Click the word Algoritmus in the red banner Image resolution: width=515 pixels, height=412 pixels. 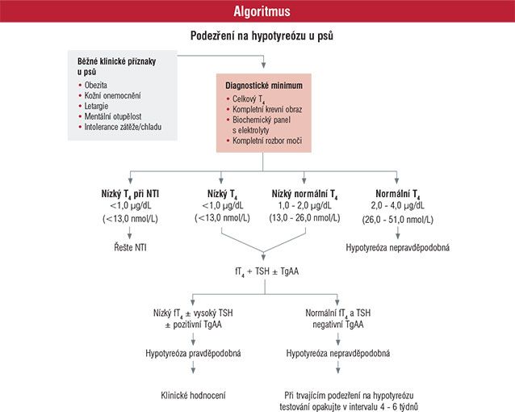point(262,11)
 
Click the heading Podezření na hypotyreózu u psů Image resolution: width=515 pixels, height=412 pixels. point(262,36)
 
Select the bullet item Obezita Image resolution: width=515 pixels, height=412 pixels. point(95,85)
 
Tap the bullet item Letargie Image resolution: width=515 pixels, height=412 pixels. point(96,106)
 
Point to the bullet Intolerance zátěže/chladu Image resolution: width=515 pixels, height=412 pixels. point(123,127)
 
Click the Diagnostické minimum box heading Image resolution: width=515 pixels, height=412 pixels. point(264,86)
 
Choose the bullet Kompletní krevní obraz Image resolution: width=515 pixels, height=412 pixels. point(267,110)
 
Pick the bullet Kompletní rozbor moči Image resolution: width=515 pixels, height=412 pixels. point(267,141)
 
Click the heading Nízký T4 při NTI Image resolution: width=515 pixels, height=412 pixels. point(130,194)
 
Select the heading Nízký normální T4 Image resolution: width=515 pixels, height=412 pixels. point(304,194)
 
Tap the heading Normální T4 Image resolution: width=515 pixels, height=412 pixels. point(398,194)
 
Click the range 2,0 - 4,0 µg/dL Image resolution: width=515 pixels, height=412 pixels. point(398,205)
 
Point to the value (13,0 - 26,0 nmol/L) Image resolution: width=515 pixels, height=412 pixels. point(304,217)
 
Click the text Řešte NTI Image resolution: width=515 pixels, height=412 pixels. point(130,247)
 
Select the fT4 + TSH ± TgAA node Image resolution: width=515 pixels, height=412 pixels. point(266,271)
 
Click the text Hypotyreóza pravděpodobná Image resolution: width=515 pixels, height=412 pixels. point(193,354)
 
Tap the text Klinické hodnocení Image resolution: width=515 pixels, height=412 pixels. point(193,395)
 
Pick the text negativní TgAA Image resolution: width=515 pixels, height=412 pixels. point(338,325)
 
